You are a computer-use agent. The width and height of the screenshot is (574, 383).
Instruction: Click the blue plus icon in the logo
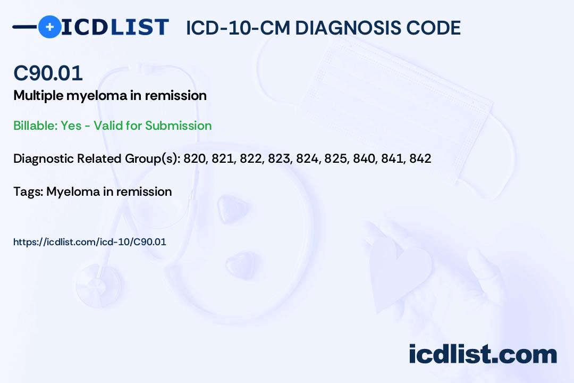click(x=49, y=27)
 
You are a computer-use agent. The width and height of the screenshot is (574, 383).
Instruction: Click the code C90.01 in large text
click(x=48, y=73)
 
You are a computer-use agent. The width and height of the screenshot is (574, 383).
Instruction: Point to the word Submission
click(x=178, y=126)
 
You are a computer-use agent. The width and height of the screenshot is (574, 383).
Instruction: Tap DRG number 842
click(x=420, y=159)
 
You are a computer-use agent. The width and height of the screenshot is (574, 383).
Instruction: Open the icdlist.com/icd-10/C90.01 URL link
click(x=90, y=242)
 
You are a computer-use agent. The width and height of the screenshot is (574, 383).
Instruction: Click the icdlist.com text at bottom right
click(x=483, y=354)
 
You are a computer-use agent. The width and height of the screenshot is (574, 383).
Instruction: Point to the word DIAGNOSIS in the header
click(x=349, y=28)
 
